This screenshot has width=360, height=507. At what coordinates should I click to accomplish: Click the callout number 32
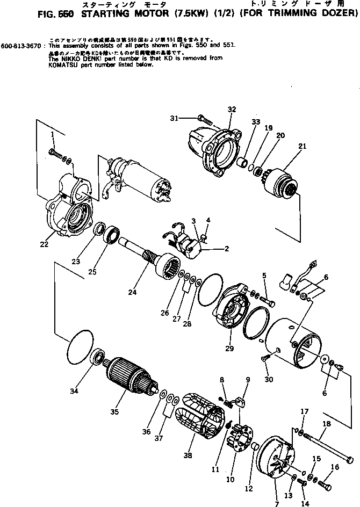tap(232, 109)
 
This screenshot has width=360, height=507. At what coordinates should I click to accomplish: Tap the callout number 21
tap(303, 147)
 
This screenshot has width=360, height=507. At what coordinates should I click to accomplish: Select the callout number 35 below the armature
tap(114, 412)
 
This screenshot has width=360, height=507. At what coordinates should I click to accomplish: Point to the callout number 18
tap(327, 424)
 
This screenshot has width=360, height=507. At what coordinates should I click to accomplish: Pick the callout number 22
tap(44, 244)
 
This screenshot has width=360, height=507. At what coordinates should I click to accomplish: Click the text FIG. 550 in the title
tap(23, 15)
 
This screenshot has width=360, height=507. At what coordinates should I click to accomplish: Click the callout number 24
tap(132, 292)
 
